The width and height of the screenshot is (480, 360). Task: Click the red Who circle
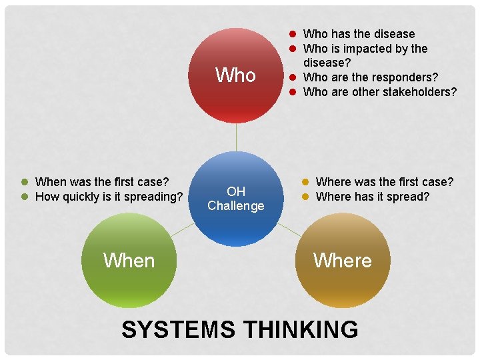(236, 75)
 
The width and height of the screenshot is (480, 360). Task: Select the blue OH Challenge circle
(236, 199)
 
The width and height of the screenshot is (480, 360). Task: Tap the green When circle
(129, 260)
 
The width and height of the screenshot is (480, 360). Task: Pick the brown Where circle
(343, 260)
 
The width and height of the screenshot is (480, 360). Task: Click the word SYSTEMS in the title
(178, 329)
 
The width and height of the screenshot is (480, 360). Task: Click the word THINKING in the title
(301, 329)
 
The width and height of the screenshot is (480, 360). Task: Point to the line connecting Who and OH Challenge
(236, 137)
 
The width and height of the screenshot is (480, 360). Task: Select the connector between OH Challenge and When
(182, 230)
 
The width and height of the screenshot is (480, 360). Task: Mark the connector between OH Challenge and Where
(289, 230)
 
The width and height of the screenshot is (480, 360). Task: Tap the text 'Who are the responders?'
(371, 77)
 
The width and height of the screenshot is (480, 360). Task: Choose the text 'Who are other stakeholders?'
(380, 92)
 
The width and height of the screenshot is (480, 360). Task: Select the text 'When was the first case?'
(102, 181)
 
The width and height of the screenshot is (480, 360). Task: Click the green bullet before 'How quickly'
(24, 197)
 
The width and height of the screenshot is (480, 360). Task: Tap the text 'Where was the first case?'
(385, 181)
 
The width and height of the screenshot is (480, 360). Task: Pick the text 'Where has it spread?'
(373, 197)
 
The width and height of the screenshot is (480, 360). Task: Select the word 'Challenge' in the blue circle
(236, 206)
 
